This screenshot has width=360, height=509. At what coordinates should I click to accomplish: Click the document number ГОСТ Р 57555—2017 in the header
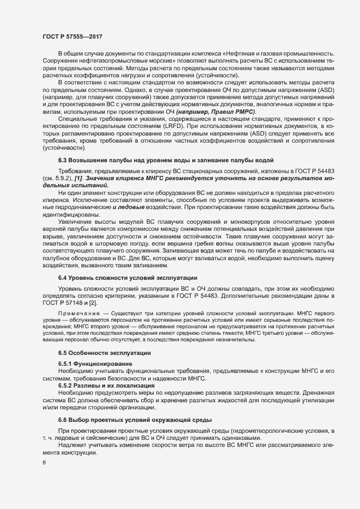coord(73,36)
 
